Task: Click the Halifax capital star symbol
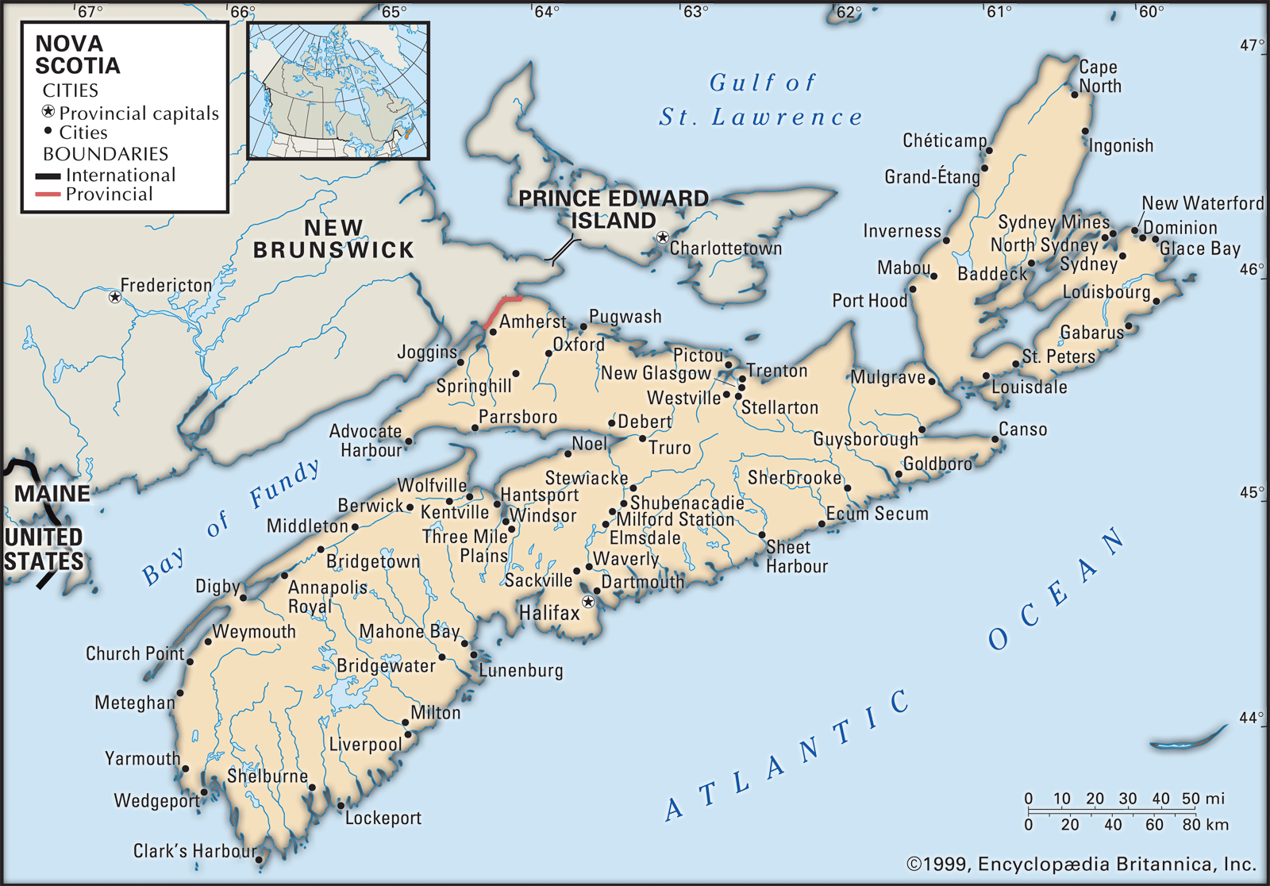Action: pyautogui.click(x=588, y=602)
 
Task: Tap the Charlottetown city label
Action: pyautogui.click(x=725, y=248)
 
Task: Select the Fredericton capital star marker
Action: pyautogui.click(x=115, y=297)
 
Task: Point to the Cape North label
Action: pyautogui.click(x=1099, y=77)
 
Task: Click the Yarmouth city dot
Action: pyautogui.click(x=186, y=769)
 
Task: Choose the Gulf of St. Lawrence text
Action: pyautogui.click(x=762, y=100)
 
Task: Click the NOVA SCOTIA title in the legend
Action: pyautogui.click(x=77, y=55)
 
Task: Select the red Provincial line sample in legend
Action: pyautogui.click(x=48, y=195)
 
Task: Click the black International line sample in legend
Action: pyautogui.click(x=48, y=175)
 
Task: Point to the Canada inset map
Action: pyautogui.click(x=338, y=91)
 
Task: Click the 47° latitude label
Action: pyautogui.click(x=1252, y=45)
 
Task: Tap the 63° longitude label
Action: pyautogui.click(x=695, y=12)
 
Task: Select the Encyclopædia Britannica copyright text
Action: pyautogui.click(x=1081, y=865)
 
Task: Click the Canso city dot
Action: pyautogui.click(x=995, y=438)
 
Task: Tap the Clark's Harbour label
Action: pyautogui.click(x=194, y=851)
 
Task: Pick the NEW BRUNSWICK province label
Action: pyautogui.click(x=333, y=239)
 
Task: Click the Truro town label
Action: pyautogui.click(x=669, y=448)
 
